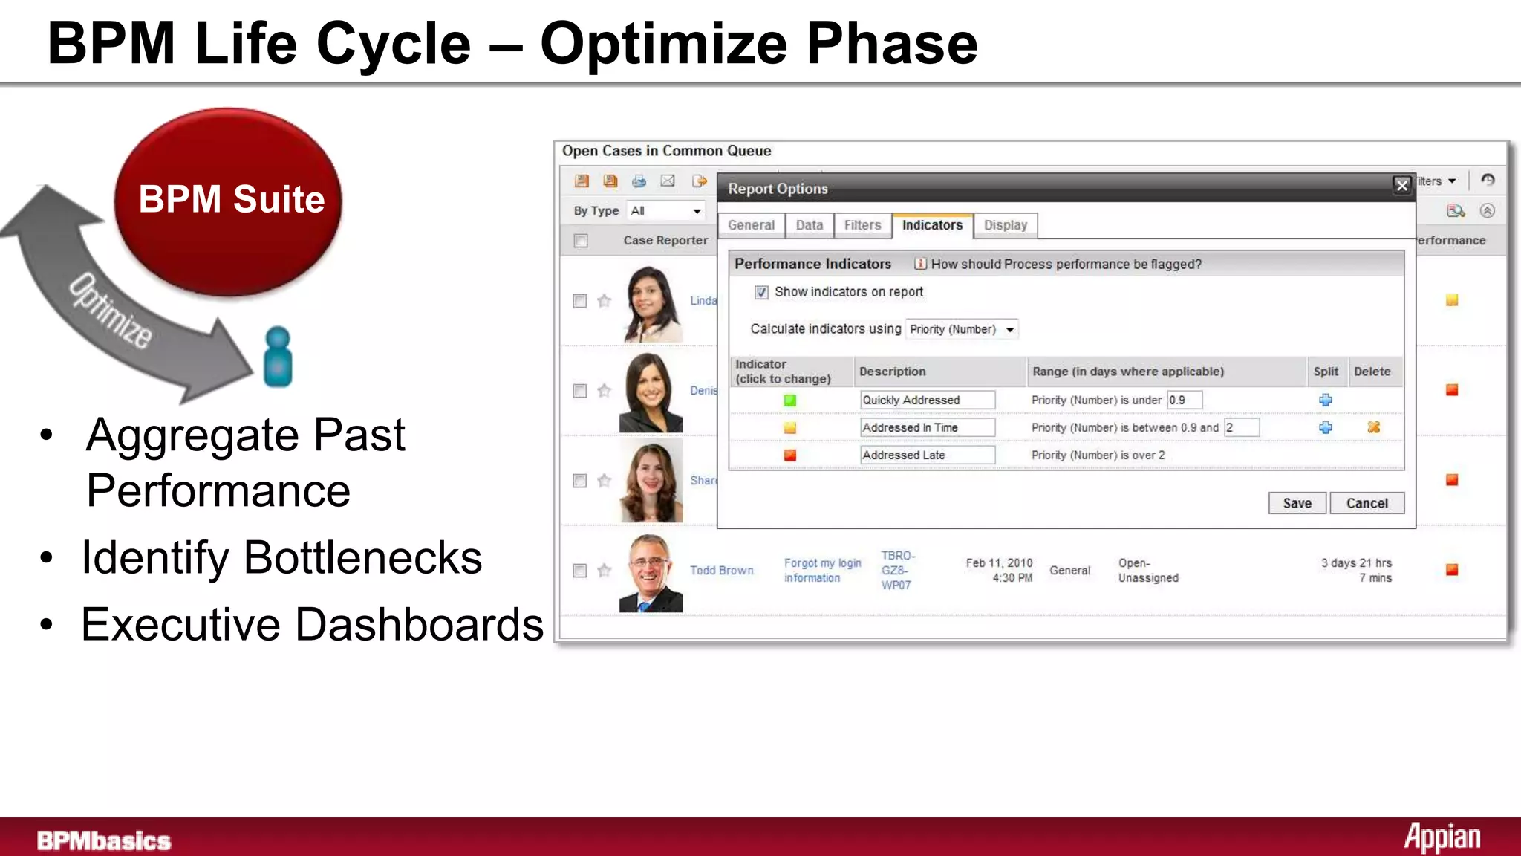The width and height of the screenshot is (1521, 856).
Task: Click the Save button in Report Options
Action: point(1297,503)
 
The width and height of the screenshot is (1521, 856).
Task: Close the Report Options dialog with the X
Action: point(1401,186)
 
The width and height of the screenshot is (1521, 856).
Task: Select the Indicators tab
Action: point(931,225)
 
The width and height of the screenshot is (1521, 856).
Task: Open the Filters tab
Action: point(862,225)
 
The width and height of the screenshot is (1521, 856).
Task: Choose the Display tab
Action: point(1005,225)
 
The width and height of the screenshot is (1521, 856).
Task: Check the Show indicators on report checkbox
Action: point(761,293)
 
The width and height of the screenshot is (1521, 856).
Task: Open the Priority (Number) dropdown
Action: point(962,329)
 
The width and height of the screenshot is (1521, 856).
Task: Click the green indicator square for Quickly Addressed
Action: point(789,401)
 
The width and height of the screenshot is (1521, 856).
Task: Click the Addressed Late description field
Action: point(927,455)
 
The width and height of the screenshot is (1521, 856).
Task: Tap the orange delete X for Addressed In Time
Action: point(1373,427)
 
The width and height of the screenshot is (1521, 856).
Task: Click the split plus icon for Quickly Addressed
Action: point(1325,401)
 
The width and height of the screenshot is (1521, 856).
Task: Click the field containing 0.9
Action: point(1184,401)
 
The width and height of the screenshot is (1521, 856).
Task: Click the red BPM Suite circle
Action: point(229,201)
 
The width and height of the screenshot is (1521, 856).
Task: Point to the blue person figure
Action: point(278,357)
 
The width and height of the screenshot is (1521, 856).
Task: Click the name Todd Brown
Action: point(721,571)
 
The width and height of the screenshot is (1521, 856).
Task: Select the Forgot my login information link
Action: point(822,571)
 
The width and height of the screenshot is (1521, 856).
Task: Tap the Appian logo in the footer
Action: point(1442,838)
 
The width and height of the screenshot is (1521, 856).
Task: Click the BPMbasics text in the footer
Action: point(104,841)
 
